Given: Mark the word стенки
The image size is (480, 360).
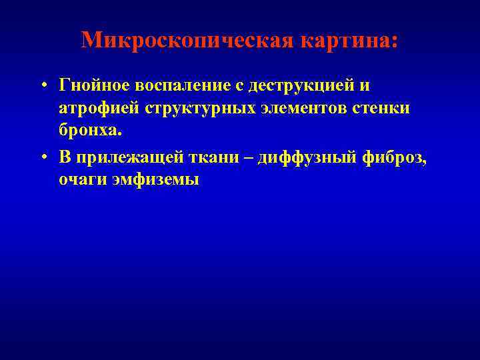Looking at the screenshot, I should tap(381, 109).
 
